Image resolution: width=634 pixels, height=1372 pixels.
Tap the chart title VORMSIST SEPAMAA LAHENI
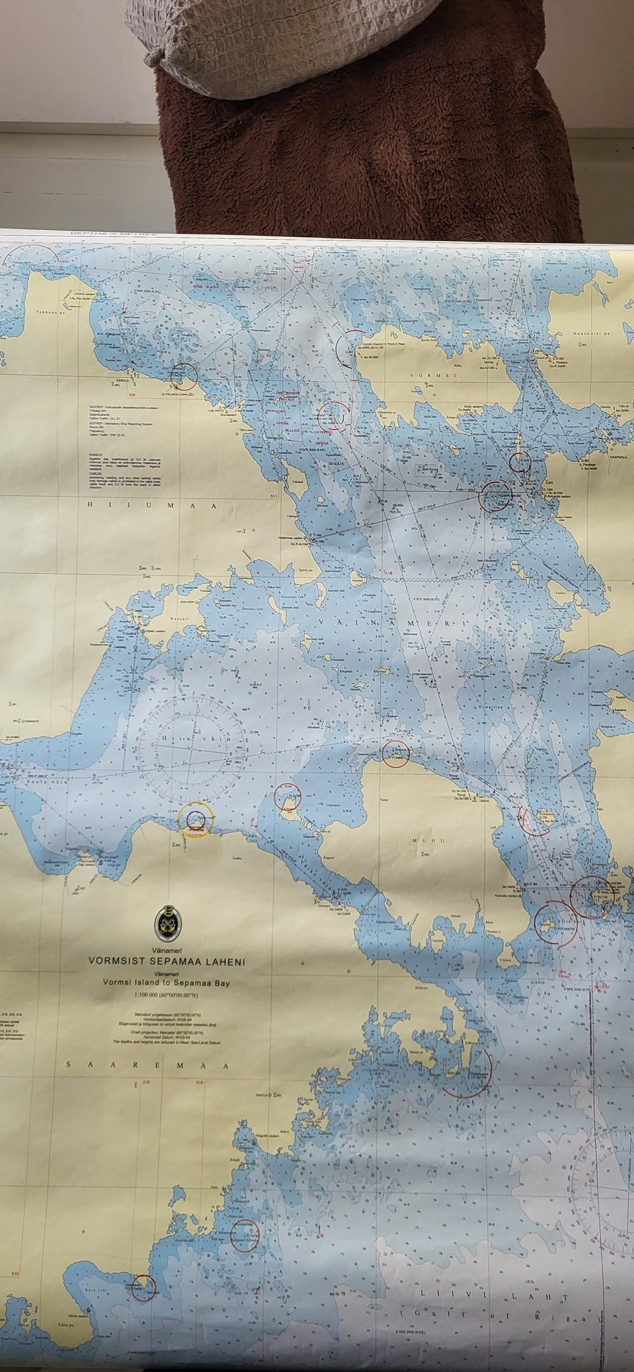[166, 962]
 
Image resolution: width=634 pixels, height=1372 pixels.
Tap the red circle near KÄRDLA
[184, 376]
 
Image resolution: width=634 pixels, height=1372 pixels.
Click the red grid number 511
[273, 495]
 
